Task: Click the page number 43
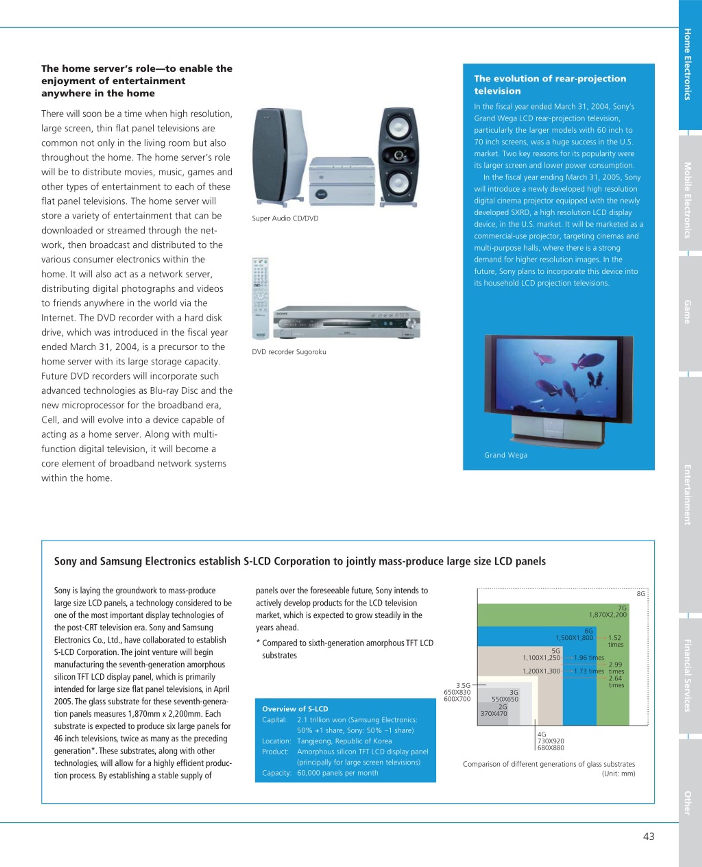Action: tap(649, 836)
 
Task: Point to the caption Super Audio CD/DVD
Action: tap(285, 218)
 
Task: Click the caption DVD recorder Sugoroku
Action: tap(289, 352)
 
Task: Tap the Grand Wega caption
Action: tap(505, 455)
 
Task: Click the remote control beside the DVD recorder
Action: tap(260, 298)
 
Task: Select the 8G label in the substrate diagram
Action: tap(641, 594)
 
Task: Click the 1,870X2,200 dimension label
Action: tap(607, 615)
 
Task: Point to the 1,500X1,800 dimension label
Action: tap(574, 638)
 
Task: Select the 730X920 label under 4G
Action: tap(550, 741)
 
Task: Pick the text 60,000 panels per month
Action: tap(338, 773)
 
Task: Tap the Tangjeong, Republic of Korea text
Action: tap(344, 741)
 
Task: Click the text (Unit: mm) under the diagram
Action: tap(618, 774)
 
